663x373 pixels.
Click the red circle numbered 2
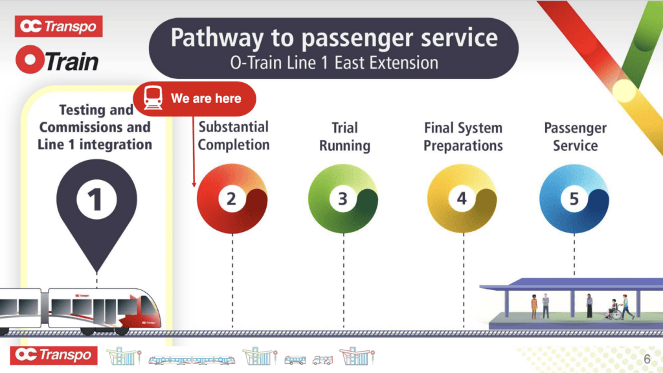pyautogui.click(x=231, y=199)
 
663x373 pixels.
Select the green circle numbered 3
pyautogui.click(x=343, y=199)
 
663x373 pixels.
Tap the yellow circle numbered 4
pyautogui.click(x=462, y=199)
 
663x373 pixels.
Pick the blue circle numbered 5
pyautogui.click(x=574, y=199)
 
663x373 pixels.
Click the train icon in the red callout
pyautogui.click(x=153, y=98)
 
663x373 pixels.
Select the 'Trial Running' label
pyautogui.click(x=344, y=137)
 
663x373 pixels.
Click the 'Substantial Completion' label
pyautogui.click(x=233, y=135)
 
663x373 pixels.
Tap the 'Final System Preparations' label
pyautogui.click(x=463, y=137)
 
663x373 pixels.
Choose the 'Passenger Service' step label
pyautogui.click(x=575, y=137)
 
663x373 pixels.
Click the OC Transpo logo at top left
pyautogui.click(x=58, y=26)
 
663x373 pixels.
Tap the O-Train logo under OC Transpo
pyautogui.click(x=58, y=60)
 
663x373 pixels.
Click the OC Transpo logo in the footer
pyautogui.click(x=54, y=355)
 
